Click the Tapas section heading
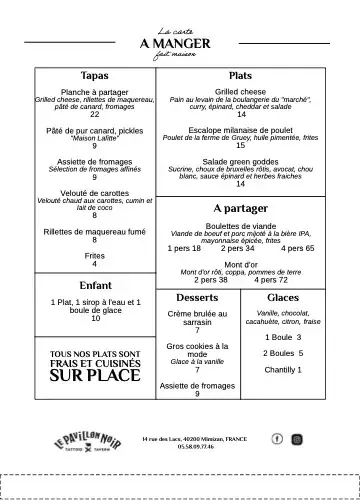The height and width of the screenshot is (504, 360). click(x=94, y=76)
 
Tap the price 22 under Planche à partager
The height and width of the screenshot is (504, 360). click(x=94, y=115)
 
